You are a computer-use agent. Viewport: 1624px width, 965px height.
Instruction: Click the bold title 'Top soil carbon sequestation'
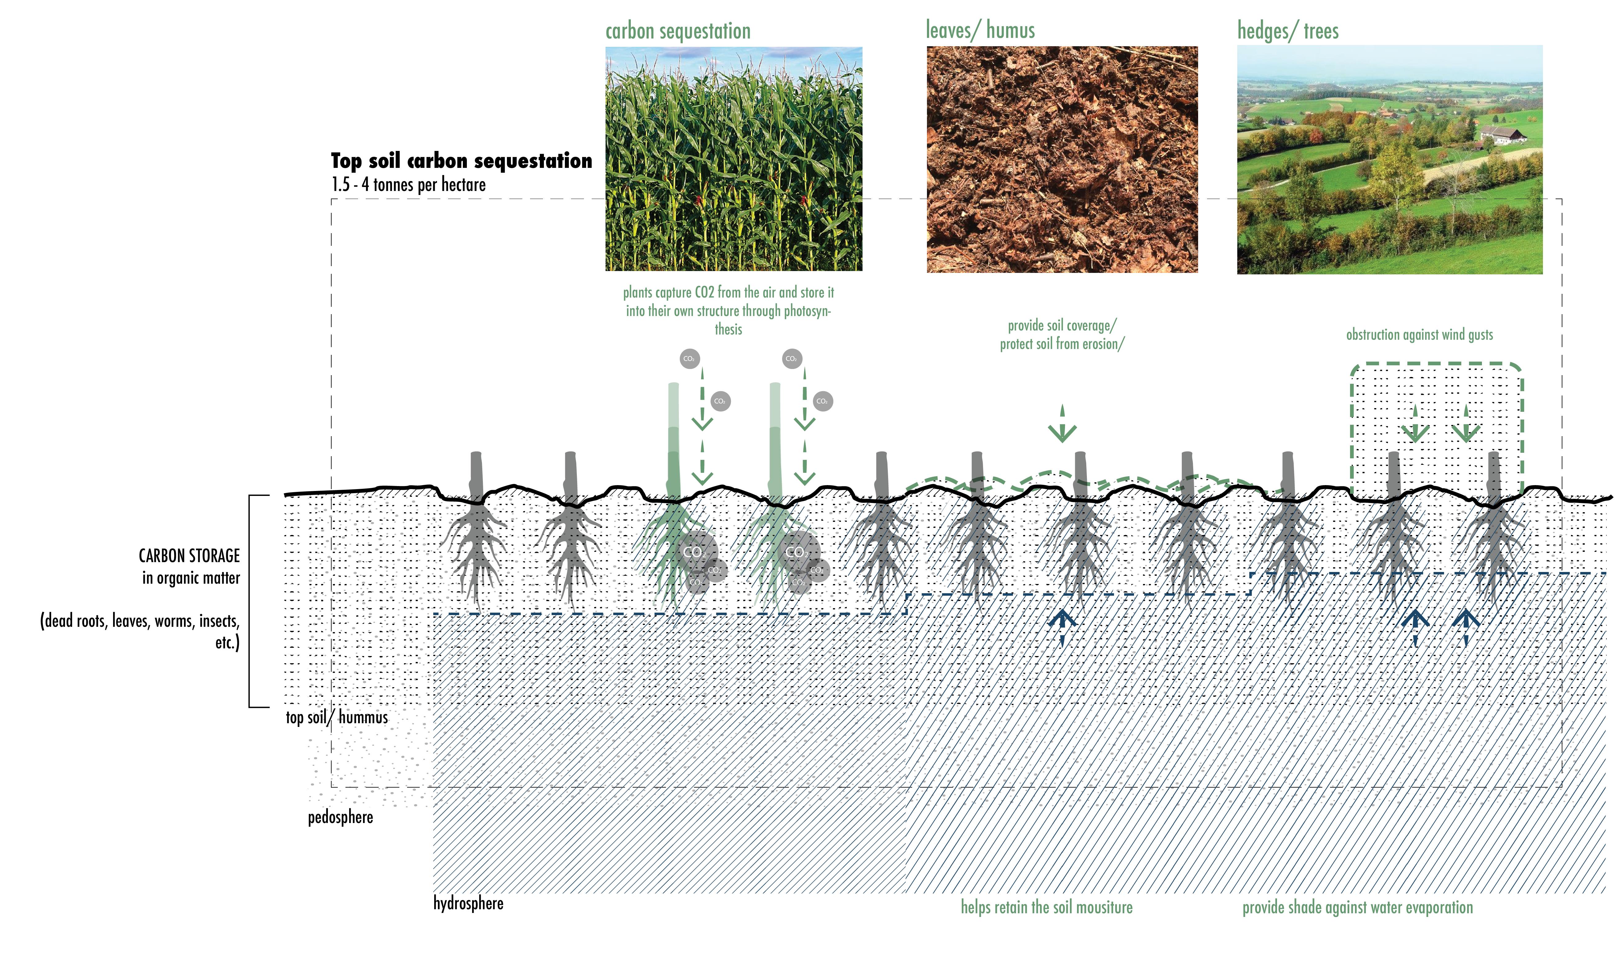click(x=461, y=160)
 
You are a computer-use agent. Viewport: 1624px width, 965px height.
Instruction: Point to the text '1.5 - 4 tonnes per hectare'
click(x=408, y=185)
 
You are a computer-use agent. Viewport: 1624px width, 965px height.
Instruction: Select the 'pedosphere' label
click(x=340, y=817)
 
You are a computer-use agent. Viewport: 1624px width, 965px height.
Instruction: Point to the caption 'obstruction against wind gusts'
click(x=1419, y=335)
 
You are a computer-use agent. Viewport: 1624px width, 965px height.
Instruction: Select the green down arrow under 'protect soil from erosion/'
click(x=1062, y=426)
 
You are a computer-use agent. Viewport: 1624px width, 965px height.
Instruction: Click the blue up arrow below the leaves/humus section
click(x=1062, y=624)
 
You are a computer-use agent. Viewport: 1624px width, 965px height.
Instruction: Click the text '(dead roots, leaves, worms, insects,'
click(x=140, y=621)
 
